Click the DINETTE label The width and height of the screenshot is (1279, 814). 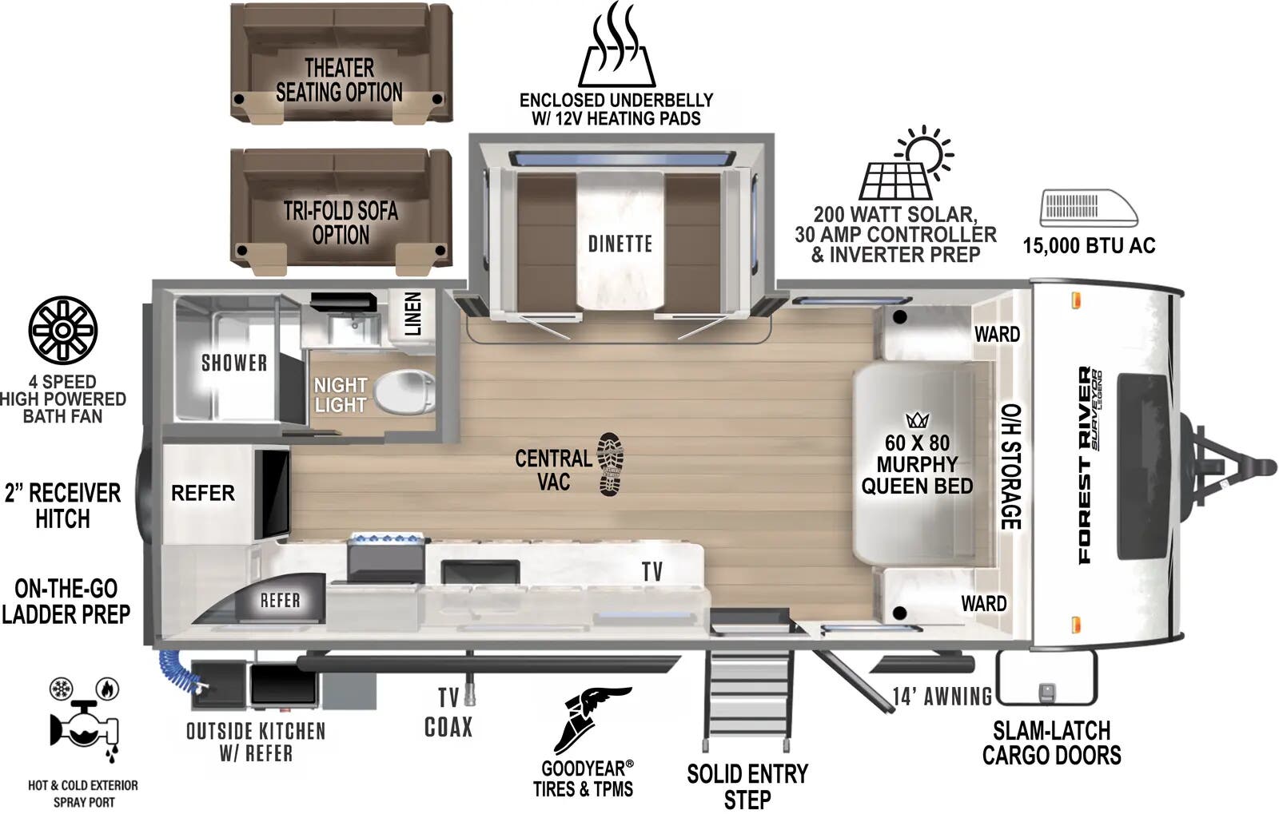[620, 244]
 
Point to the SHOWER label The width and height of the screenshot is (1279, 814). [233, 363]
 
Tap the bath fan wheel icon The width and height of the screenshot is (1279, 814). [62, 330]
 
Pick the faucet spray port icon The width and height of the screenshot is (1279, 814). [84, 723]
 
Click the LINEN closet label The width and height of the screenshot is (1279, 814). [412, 313]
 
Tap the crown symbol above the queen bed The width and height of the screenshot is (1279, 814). [916, 420]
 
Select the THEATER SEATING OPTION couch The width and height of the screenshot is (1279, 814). [341, 64]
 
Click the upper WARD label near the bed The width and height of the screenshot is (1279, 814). [996, 334]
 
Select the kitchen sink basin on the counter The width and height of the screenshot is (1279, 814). [480, 572]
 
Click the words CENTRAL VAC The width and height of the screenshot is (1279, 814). [553, 470]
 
